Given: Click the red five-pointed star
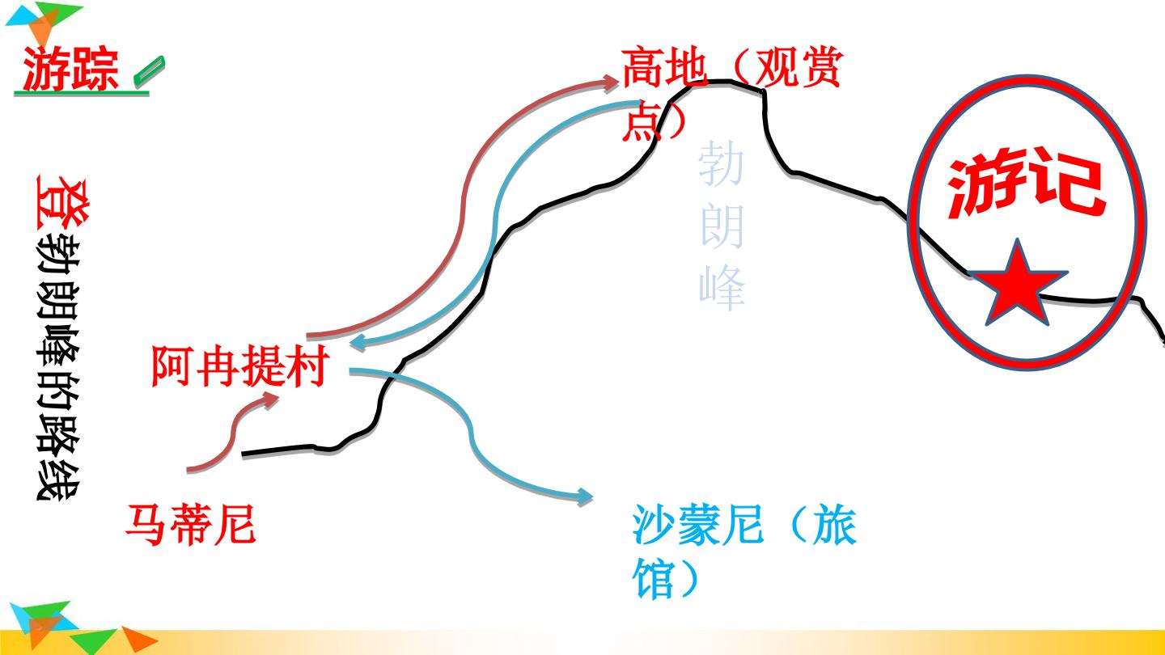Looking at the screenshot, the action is [1017, 286].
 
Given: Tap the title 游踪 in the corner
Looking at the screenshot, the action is [70, 69].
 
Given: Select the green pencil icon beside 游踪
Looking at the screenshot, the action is [149, 70].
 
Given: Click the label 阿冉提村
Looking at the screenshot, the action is [240, 366].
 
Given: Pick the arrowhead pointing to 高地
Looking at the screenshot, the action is [611, 83].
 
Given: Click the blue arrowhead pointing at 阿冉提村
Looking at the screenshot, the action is [360, 342].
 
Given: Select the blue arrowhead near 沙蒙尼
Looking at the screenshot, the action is [585, 497].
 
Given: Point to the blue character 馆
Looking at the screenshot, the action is [655, 578].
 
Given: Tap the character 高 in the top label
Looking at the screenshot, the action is [643, 68].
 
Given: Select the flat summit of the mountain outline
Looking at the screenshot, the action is [727, 83].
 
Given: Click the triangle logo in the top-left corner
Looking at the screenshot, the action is [44, 22].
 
